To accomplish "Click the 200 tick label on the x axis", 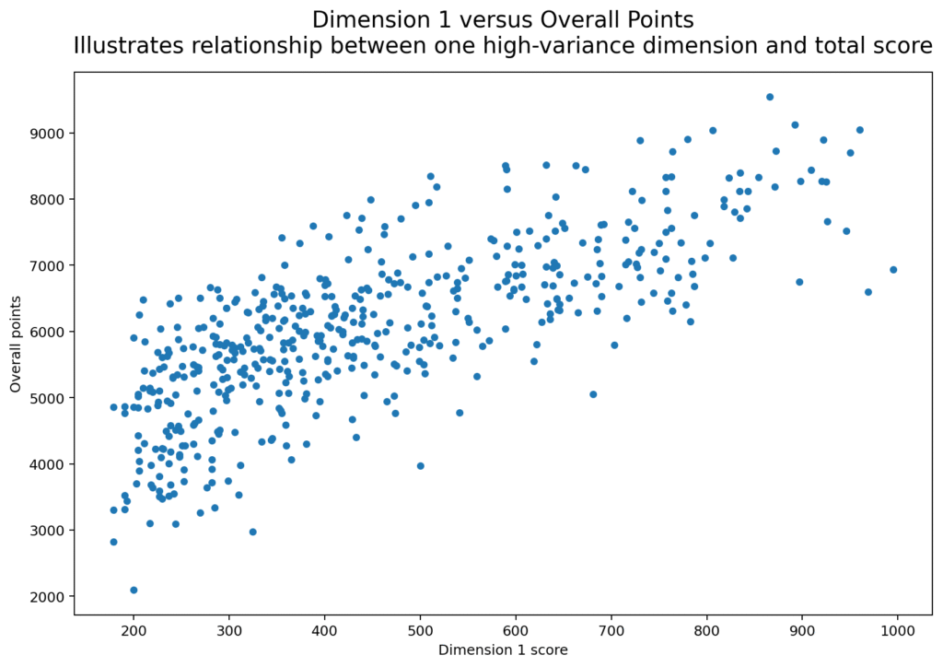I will [134, 631].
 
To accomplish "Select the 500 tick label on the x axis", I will [420, 631].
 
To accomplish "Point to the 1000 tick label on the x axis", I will [897, 631].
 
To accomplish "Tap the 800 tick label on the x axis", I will [706, 631].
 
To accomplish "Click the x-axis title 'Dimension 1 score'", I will [503, 650].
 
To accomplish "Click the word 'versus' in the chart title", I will [465, 19].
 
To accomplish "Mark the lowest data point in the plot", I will [134, 590].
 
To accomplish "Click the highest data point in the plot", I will [770, 97].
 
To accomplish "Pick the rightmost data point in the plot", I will [893, 270].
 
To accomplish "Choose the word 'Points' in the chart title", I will [658, 19].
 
